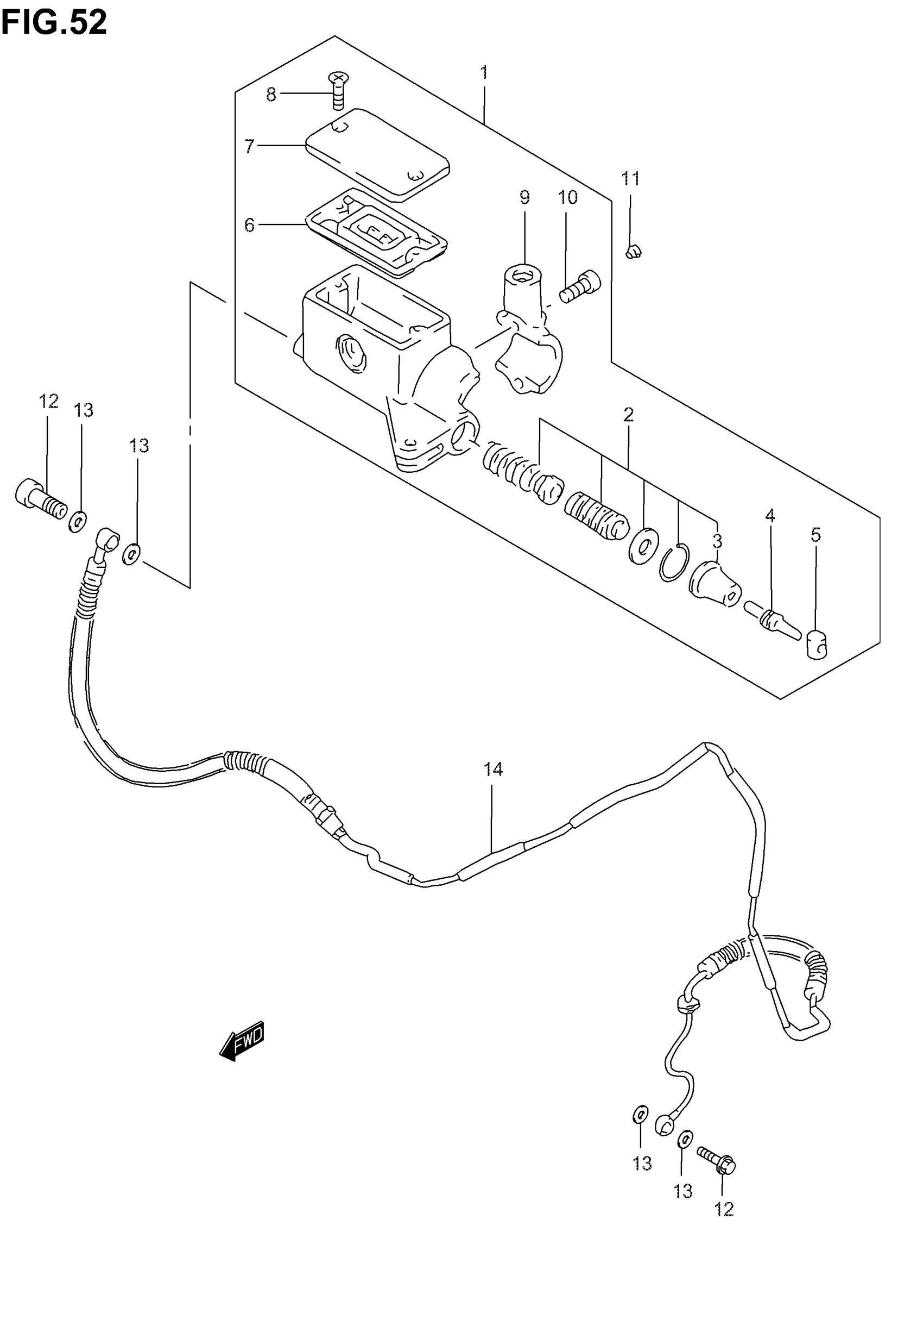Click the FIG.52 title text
54,24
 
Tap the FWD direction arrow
242,1042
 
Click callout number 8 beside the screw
270,95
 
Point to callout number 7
249,146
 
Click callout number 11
630,179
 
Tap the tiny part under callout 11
634,251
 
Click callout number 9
524,198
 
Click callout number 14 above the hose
493,770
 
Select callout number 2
629,415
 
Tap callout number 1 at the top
484,73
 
